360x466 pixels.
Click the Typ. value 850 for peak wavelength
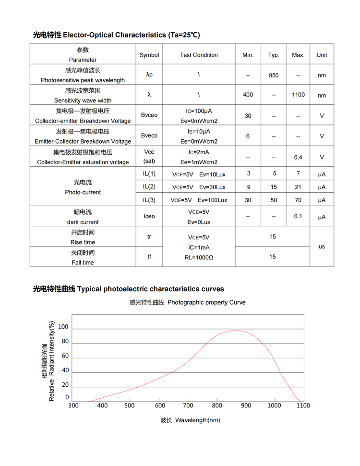pyautogui.click(x=274, y=75)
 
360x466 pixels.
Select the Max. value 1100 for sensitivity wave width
pyautogui.click(x=298, y=95)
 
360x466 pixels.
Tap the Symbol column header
pyautogui.click(x=149, y=55)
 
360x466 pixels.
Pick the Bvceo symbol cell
pyautogui.click(x=149, y=116)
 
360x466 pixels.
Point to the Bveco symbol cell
pyautogui.click(x=149, y=136)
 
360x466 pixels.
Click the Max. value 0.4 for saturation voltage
pyautogui.click(x=298, y=157)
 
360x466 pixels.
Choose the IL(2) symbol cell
pyautogui.click(x=149, y=186)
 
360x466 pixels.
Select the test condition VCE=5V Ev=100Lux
pyautogui.click(x=199, y=200)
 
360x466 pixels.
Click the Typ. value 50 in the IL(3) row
pyautogui.click(x=274, y=200)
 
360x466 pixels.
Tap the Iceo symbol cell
pyautogui.click(x=149, y=216)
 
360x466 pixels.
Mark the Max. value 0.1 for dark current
pyautogui.click(x=298, y=216)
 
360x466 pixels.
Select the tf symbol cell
pyautogui.click(x=149, y=257)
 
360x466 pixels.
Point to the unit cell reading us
pyautogui.click(x=322, y=246)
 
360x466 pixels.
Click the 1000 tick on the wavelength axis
pyautogui.click(x=274, y=405)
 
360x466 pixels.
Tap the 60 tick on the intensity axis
pyautogui.click(x=65, y=356)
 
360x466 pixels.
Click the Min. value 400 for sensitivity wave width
pyautogui.click(x=248, y=95)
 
